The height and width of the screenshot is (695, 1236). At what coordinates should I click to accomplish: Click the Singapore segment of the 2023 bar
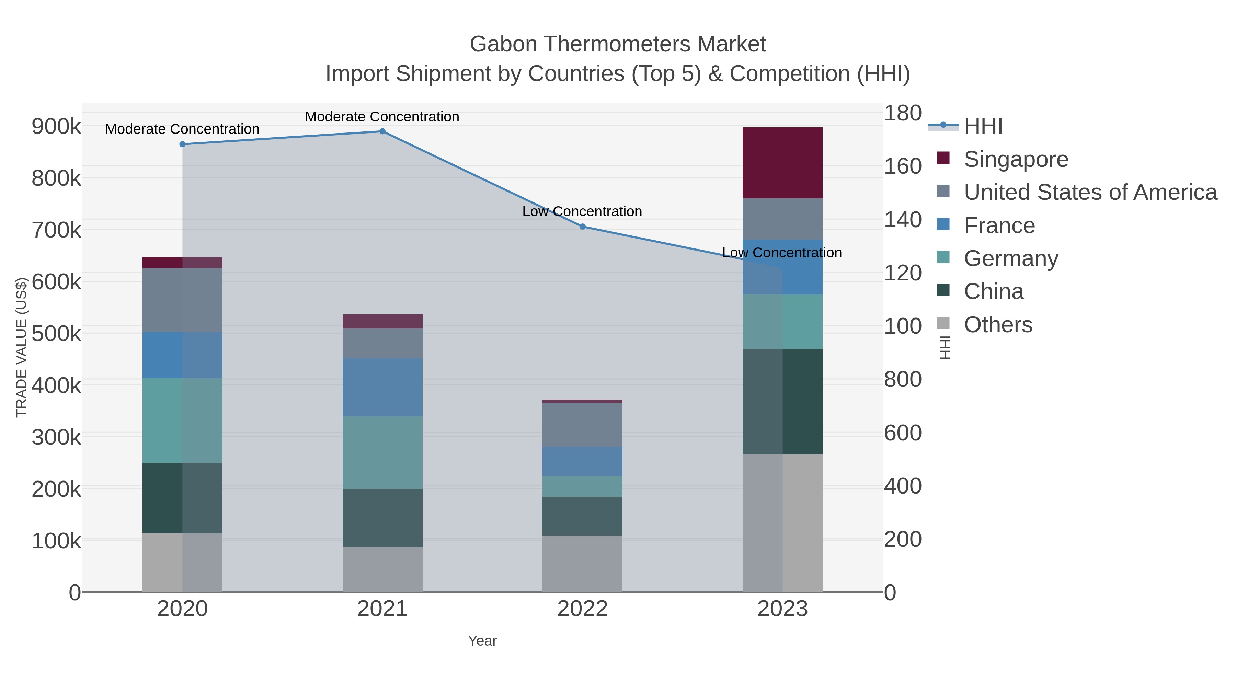pyautogui.click(x=782, y=163)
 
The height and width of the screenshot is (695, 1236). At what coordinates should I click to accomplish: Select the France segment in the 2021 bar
pyautogui.click(x=382, y=387)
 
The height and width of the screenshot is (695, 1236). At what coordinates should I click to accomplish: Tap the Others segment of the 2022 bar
pyautogui.click(x=582, y=564)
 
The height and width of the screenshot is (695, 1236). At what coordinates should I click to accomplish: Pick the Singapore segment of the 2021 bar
pyautogui.click(x=382, y=321)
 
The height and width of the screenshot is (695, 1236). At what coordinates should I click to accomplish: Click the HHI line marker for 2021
pyautogui.click(x=382, y=131)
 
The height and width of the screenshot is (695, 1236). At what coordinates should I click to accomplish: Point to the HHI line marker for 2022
pyautogui.click(x=583, y=227)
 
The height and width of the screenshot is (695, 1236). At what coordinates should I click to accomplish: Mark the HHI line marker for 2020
pyautogui.click(x=182, y=144)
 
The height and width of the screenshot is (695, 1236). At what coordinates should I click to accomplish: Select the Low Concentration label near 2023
pyautogui.click(x=782, y=253)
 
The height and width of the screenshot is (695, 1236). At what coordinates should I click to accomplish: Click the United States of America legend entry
pyautogui.click(x=1090, y=192)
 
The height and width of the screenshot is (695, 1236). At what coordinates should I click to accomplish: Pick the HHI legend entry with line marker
pyautogui.click(x=983, y=126)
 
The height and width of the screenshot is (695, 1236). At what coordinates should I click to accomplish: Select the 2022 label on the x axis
pyautogui.click(x=582, y=609)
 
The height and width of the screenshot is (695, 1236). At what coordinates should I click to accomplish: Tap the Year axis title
pyautogui.click(x=482, y=641)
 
